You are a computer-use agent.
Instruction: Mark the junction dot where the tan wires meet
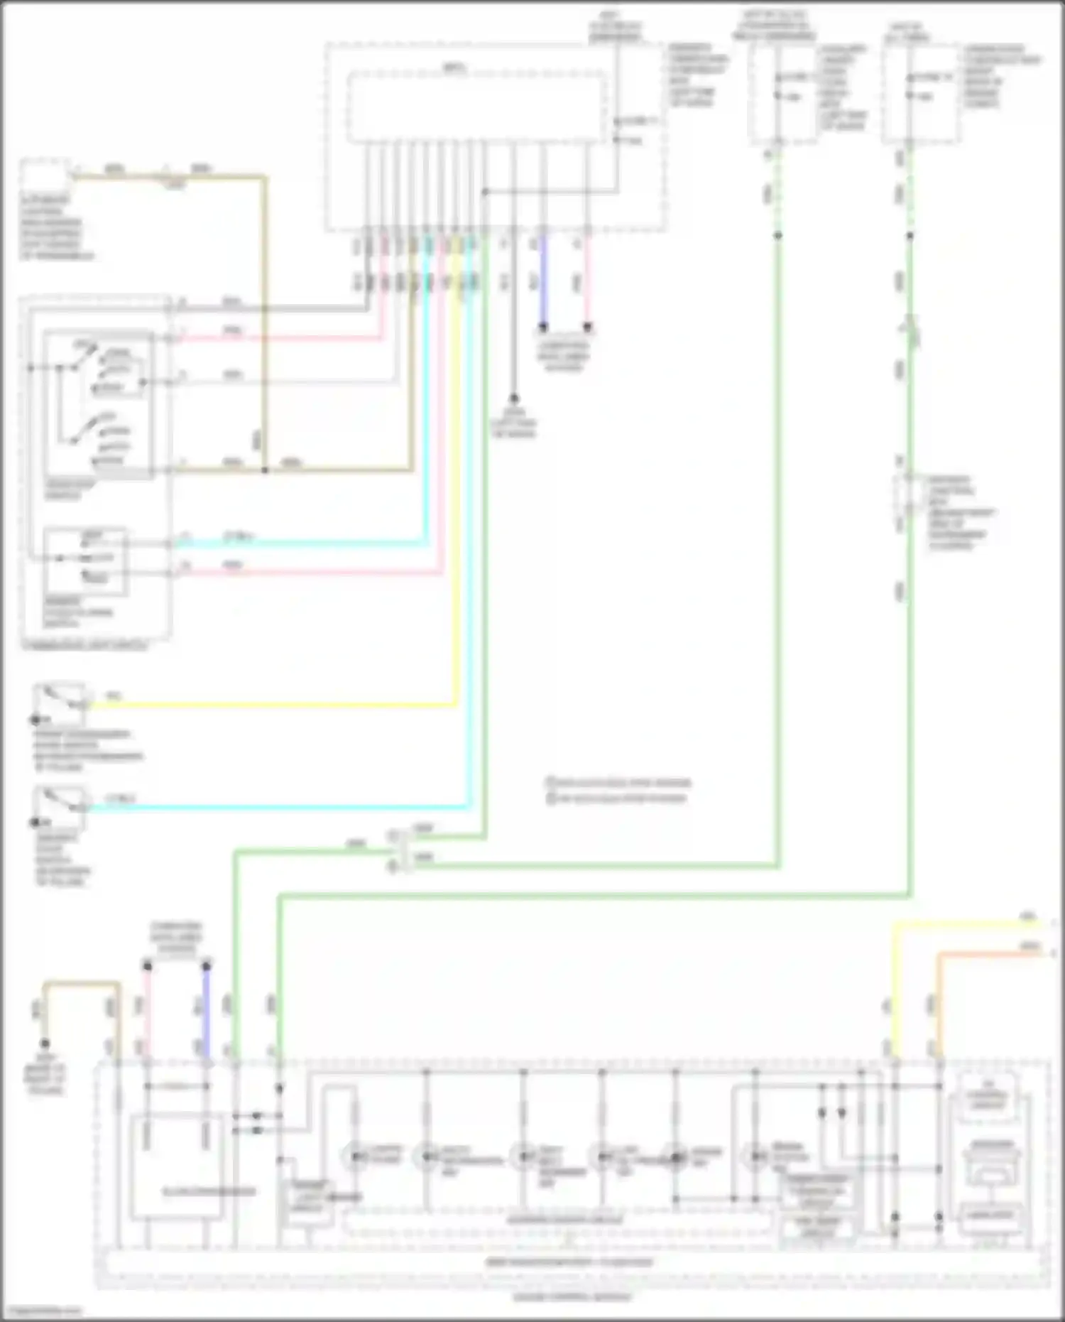[x=265, y=470]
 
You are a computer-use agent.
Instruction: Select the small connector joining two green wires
[x=403, y=850]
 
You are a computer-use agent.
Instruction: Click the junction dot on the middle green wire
[x=778, y=235]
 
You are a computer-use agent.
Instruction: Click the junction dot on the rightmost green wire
[x=910, y=235]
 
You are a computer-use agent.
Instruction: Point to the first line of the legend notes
[x=618, y=783]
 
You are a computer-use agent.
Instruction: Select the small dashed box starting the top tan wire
[x=45, y=175]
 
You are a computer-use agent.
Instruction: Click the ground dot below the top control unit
[x=513, y=399]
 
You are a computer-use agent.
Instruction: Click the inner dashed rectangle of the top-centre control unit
[x=476, y=107]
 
